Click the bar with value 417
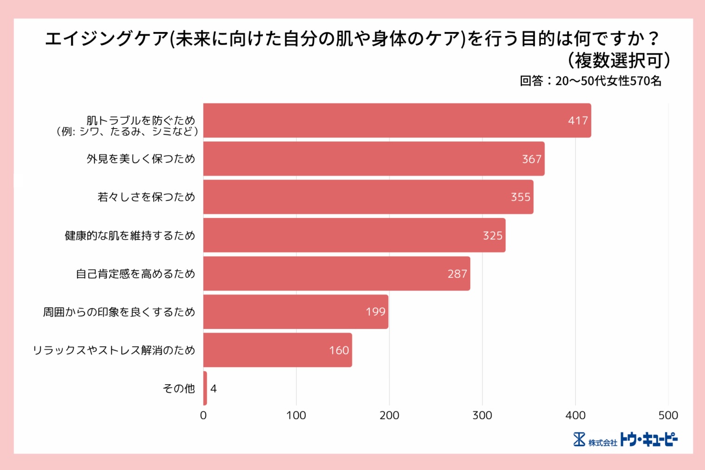tap(397, 121)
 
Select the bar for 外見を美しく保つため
tap(374, 159)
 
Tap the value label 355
tap(520, 197)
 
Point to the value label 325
tap(493, 236)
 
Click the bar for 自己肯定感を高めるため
tap(337, 274)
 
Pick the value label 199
tap(375, 312)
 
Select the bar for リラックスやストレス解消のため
tap(277, 350)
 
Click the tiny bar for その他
tap(205, 388)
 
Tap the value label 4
tap(213, 389)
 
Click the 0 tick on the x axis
tap(203, 415)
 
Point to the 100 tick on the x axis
tap(296, 415)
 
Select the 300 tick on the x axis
tap(482, 415)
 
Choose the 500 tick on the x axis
tap(668, 415)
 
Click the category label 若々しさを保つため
tap(146, 197)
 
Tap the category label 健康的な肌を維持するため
tap(130, 236)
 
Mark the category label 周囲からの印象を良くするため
tap(119, 312)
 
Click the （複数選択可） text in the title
tap(619, 60)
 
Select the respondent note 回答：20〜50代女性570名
tap(590, 81)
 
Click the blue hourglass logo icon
tap(579, 439)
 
